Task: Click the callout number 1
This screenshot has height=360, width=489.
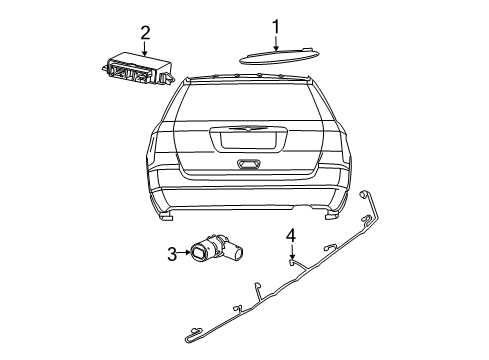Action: point(275,25)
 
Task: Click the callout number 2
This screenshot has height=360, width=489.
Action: point(146,32)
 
